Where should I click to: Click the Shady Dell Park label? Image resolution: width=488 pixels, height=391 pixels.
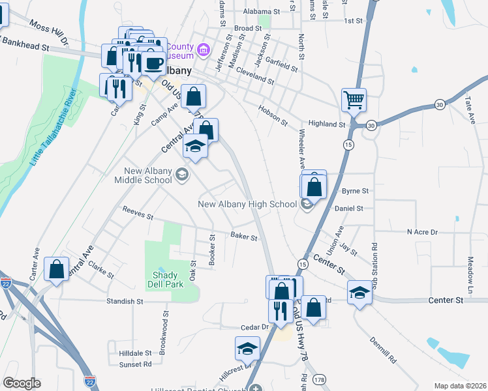(x=164, y=280)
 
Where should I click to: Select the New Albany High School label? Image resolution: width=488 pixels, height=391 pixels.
(x=248, y=205)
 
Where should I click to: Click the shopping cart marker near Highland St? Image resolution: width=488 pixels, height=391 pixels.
(x=354, y=100)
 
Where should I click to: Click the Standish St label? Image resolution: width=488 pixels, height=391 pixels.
(x=125, y=302)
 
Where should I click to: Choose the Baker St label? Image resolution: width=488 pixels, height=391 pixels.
(x=244, y=236)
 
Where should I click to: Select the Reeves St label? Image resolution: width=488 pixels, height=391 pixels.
(x=138, y=212)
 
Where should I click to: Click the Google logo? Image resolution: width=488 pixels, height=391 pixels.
(x=22, y=383)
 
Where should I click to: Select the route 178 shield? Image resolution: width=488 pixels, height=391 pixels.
(x=319, y=379)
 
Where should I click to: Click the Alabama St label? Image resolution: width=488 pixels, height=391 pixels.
(x=261, y=12)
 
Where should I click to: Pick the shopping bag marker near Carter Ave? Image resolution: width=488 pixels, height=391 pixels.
(x=56, y=269)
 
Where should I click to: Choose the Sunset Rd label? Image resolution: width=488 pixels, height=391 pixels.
(x=136, y=364)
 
